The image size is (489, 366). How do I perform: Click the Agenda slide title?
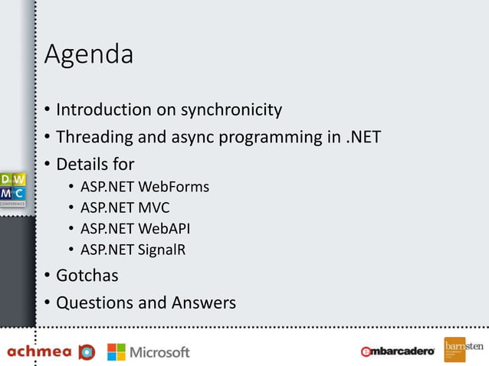point(89,55)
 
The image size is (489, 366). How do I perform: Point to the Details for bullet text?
point(95,165)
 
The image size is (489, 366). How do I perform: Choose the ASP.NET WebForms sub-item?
point(145,187)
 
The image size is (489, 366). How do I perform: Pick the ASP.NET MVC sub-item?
point(125,208)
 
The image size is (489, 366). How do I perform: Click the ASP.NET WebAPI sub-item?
point(136,228)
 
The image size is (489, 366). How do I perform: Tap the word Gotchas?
point(87,275)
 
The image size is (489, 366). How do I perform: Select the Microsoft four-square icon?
point(117,351)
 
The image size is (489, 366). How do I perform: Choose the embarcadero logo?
point(398,351)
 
